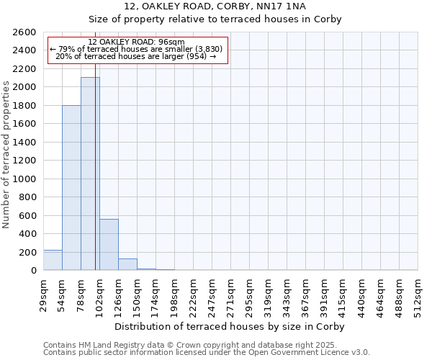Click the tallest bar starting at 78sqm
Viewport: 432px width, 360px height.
point(90,174)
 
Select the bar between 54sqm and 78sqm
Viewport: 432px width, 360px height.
point(71,188)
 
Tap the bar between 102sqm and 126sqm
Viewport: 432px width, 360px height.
point(109,245)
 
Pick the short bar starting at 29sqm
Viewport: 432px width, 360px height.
point(53,260)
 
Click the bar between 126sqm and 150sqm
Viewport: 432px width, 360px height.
point(127,264)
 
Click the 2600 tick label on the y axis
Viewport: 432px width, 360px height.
point(25,32)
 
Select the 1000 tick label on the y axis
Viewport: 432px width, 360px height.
point(25,179)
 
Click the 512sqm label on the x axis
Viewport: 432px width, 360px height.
point(418,294)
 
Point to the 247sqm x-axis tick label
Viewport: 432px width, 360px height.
point(212,294)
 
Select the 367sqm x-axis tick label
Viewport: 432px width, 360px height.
point(306,294)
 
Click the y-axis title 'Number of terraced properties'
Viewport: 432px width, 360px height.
point(7,155)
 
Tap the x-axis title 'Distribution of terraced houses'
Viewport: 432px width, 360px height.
point(230,326)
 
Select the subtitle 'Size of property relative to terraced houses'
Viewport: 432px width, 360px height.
point(216,19)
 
